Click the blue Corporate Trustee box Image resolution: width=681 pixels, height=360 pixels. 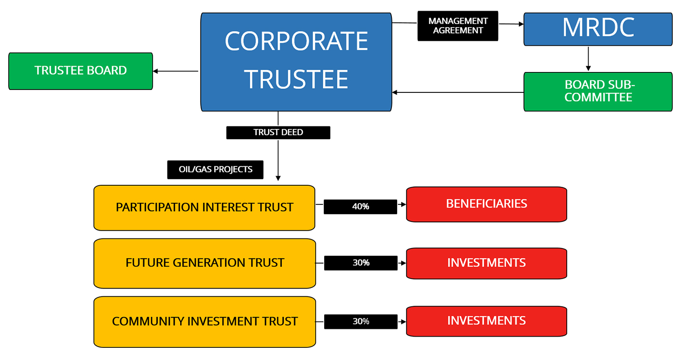[x=296, y=62]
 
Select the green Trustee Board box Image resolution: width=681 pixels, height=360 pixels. [x=81, y=71]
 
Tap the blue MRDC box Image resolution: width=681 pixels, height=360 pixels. [x=598, y=29]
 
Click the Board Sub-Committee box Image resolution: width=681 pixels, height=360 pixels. [x=598, y=91]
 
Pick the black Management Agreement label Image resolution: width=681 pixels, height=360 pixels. [x=458, y=26]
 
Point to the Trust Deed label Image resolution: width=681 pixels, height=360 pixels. [x=278, y=132]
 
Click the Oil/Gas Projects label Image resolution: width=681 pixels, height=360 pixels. [x=215, y=170]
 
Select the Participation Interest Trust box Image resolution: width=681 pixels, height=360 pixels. [x=204, y=208]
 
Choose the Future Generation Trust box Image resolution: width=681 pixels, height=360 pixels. [x=204, y=263]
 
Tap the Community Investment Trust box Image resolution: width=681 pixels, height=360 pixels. [x=204, y=322]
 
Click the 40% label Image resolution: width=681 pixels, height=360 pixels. [x=360, y=207]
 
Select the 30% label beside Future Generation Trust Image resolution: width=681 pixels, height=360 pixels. [x=361, y=263]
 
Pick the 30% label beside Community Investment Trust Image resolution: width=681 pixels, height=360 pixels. [x=361, y=322]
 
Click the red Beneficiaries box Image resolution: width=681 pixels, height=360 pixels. [x=486, y=204]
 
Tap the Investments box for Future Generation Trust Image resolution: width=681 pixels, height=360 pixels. [x=486, y=263]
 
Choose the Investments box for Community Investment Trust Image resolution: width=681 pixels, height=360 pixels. [x=486, y=321]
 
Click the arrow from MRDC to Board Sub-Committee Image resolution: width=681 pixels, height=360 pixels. [x=588, y=58]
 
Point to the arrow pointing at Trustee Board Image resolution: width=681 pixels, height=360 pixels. [x=175, y=72]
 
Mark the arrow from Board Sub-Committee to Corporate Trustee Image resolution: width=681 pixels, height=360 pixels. [x=458, y=92]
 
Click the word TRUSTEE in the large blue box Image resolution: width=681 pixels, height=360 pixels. [x=296, y=79]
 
